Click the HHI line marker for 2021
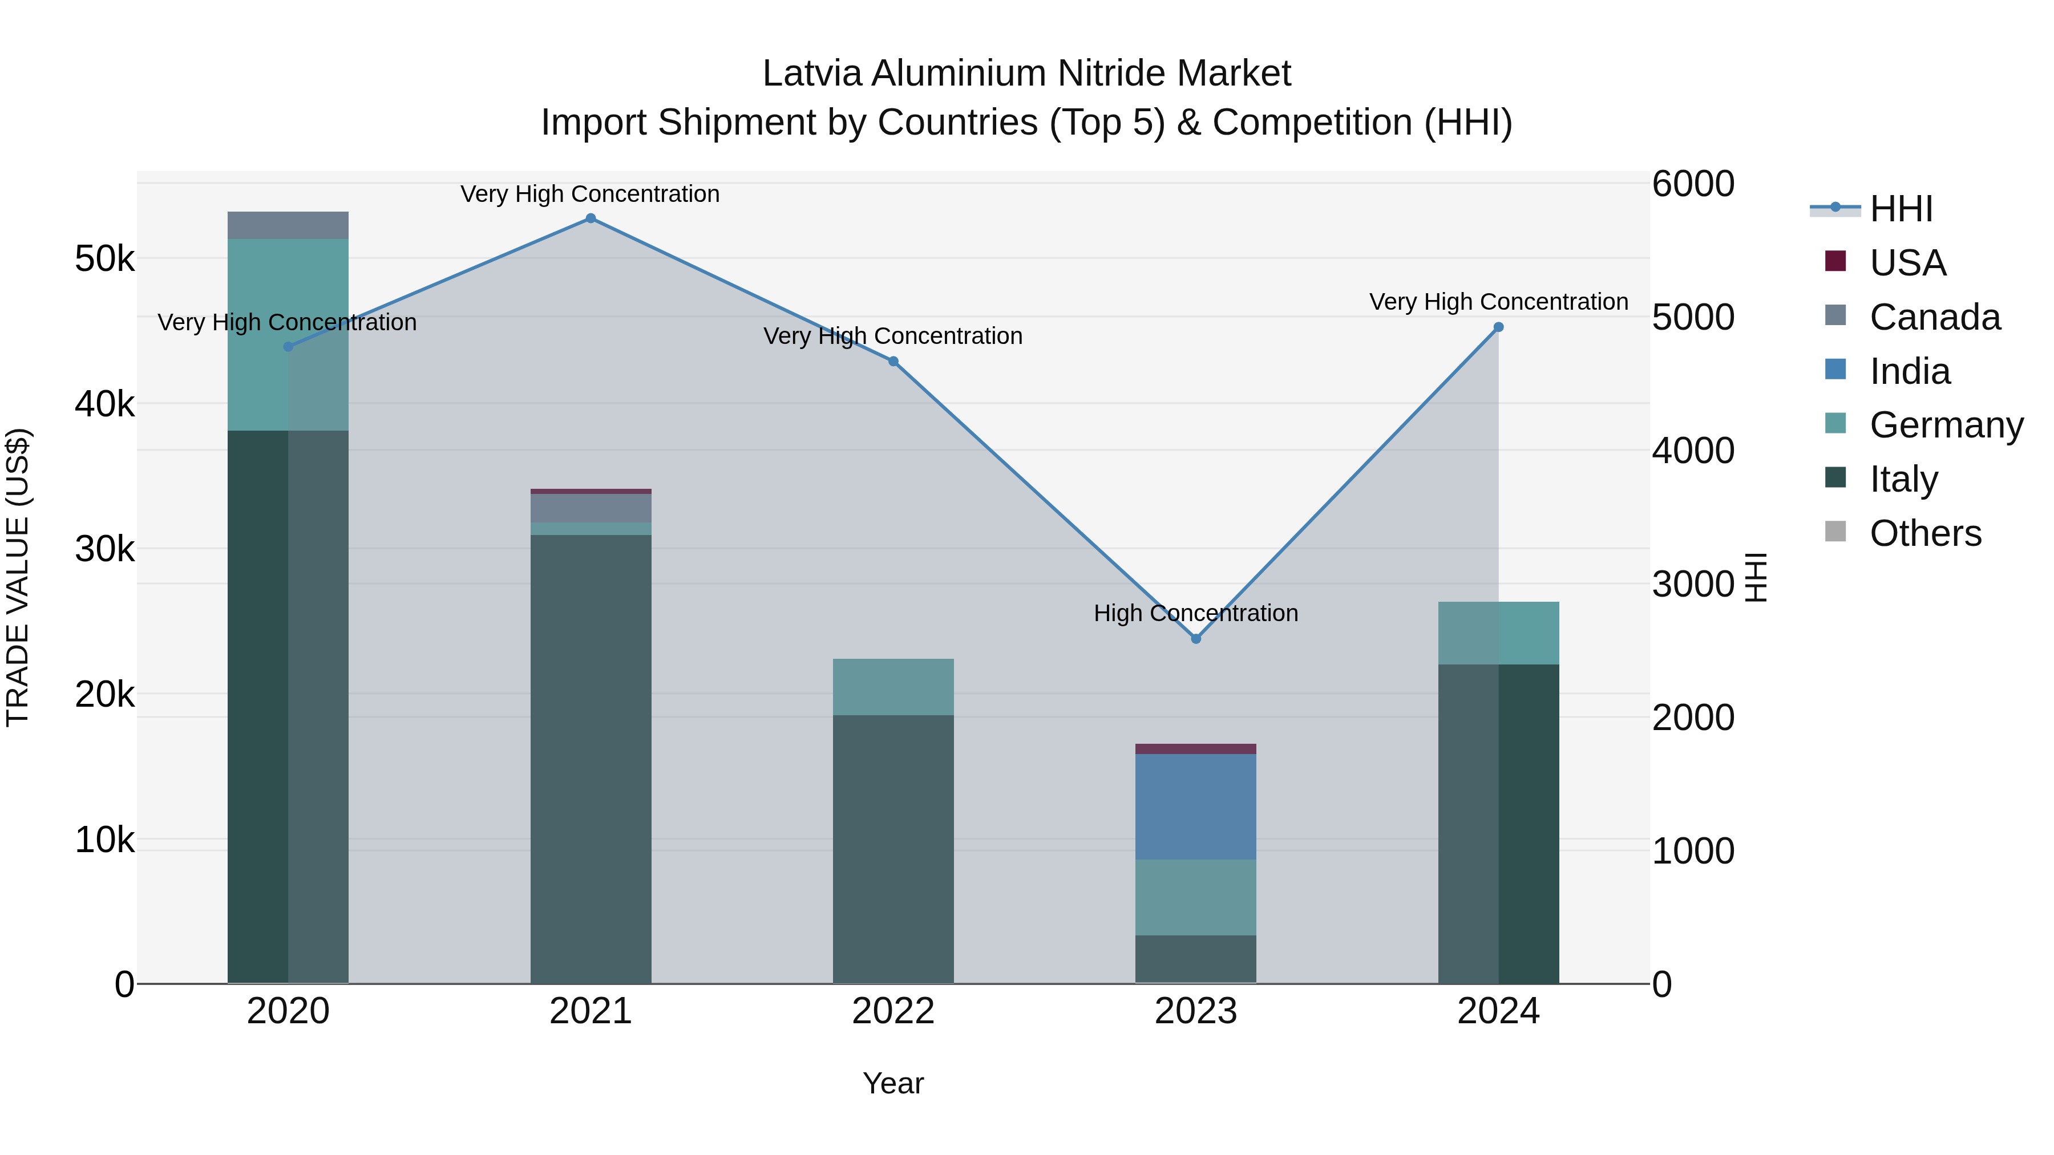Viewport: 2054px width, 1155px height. coord(590,218)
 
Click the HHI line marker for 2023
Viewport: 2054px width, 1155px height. coord(1195,638)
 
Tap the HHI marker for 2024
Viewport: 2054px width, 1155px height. coord(1498,327)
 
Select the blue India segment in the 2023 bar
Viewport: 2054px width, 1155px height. coord(1195,806)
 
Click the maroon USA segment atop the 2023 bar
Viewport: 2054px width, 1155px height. coord(1195,748)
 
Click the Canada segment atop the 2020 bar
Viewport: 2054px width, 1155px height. coord(288,225)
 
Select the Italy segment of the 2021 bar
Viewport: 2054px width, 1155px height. coord(590,757)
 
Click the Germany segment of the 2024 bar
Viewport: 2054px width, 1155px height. coord(1498,633)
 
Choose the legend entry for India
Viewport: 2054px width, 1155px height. coord(1909,371)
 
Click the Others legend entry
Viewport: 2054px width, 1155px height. coord(1925,533)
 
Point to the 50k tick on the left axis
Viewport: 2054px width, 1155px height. coord(104,259)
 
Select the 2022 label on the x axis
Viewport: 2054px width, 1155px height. coord(893,1011)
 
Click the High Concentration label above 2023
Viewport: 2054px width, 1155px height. coord(1195,613)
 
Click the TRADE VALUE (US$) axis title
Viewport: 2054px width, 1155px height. coord(18,577)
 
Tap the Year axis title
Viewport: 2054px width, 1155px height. coord(893,1083)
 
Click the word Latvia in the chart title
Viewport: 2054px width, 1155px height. coord(812,74)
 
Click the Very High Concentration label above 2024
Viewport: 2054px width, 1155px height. coord(1498,302)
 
